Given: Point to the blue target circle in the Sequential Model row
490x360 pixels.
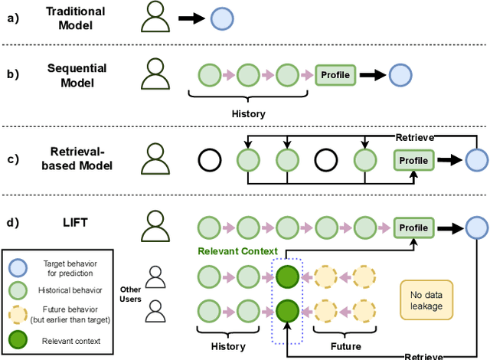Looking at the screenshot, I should point(400,75).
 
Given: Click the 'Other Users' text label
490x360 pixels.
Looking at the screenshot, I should point(131,294).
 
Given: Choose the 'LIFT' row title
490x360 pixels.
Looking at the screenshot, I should point(75,222).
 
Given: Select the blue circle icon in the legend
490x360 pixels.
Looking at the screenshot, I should point(18,266).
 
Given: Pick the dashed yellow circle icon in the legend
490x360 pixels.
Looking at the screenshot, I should point(18,314).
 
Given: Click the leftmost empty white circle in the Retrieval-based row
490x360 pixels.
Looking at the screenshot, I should point(209,160).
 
